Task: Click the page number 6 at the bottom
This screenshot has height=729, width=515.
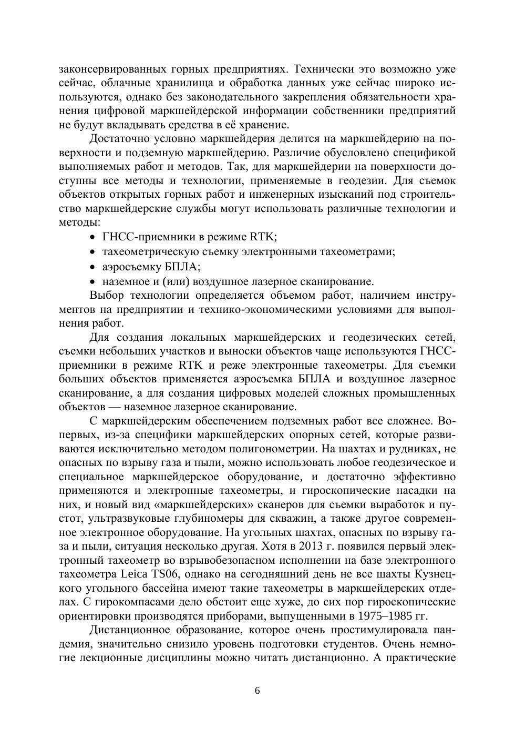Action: coord(257,691)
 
